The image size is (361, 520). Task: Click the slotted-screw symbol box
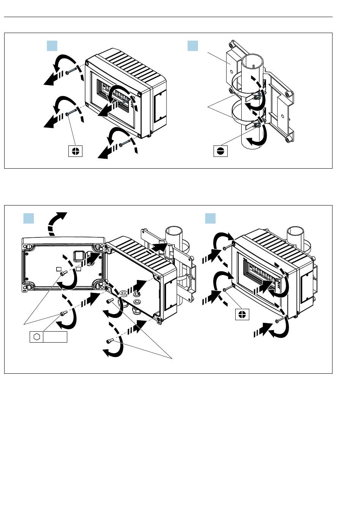220,150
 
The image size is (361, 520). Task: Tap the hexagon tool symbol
37,337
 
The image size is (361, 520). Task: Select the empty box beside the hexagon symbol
55,337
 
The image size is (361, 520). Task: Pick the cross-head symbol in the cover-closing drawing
242,314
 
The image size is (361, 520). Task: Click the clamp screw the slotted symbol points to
258,124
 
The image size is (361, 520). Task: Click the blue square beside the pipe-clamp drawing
193,46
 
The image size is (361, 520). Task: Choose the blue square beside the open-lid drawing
29,218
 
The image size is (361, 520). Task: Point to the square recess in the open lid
79,255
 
